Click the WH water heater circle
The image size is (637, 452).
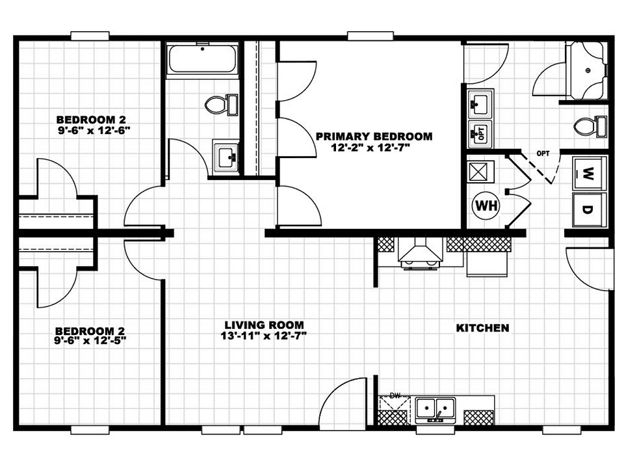pyautogui.click(x=486, y=206)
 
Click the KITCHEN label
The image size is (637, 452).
pyautogui.click(x=482, y=328)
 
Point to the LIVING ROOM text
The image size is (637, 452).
pyautogui.click(x=264, y=325)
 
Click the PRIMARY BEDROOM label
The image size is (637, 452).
pyautogui.click(x=374, y=136)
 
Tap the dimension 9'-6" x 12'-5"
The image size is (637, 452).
pyautogui.click(x=90, y=341)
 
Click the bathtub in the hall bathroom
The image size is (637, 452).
pyautogui.click(x=202, y=60)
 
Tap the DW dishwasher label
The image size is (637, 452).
pyautogui.click(x=395, y=395)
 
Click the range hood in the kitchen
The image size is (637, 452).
pyautogui.click(x=420, y=252)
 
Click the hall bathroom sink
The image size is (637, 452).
pyautogui.click(x=226, y=156)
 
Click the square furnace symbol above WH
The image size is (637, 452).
pyautogui.click(x=480, y=172)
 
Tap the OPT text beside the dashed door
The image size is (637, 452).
pyautogui.click(x=543, y=153)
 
